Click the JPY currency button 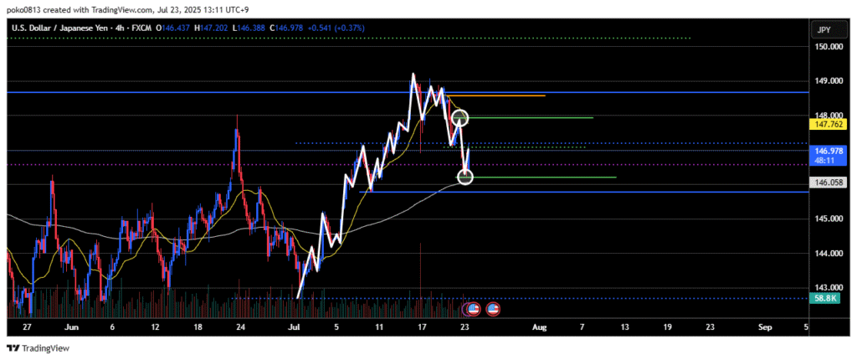pos(823,30)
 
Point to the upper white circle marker pos(459,118)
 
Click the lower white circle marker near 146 pos(466,177)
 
